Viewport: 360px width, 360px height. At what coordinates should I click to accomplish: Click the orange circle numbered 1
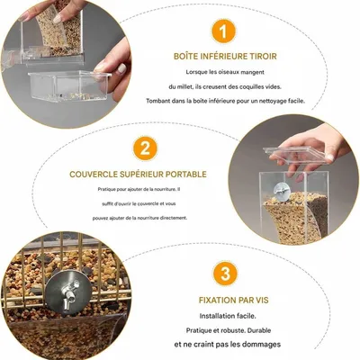point(223,31)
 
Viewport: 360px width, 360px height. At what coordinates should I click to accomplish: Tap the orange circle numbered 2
point(145,148)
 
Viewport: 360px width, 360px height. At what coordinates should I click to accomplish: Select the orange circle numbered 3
point(225,274)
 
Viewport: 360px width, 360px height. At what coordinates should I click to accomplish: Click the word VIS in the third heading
point(262,300)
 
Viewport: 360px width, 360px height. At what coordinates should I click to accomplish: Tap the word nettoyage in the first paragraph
point(274,101)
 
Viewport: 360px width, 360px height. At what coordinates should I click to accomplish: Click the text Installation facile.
point(228,316)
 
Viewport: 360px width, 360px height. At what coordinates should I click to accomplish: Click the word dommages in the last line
point(264,345)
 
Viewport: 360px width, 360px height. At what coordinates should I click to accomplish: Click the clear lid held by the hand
point(295,155)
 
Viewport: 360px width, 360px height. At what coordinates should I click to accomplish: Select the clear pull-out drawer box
point(69,86)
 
